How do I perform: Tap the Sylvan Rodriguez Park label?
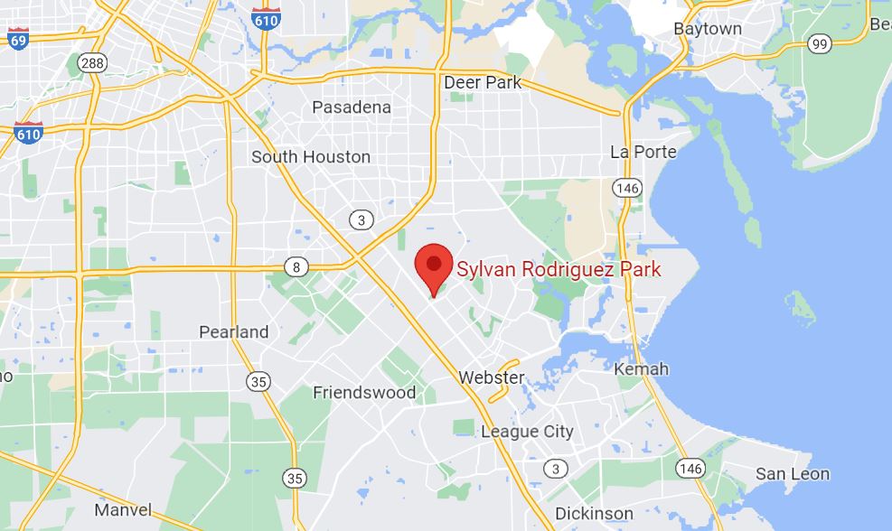(559, 269)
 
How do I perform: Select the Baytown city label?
(708, 29)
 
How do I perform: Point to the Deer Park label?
(483, 82)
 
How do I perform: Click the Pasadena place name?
(352, 107)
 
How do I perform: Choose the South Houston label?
(310, 157)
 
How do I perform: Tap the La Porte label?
(643, 152)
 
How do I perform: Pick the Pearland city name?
(234, 331)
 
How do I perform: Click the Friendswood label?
(364, 393)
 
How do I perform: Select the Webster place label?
(492, 377)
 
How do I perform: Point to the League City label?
(527, 432)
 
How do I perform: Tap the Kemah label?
(641, 369)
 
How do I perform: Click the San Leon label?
(793, 474)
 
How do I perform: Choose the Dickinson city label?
(594, 514)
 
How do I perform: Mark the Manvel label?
(123, 510)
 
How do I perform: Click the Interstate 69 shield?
(18, 38)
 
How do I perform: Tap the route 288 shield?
(91, 62)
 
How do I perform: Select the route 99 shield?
(821, 44)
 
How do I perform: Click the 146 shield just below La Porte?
(626, 188)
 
